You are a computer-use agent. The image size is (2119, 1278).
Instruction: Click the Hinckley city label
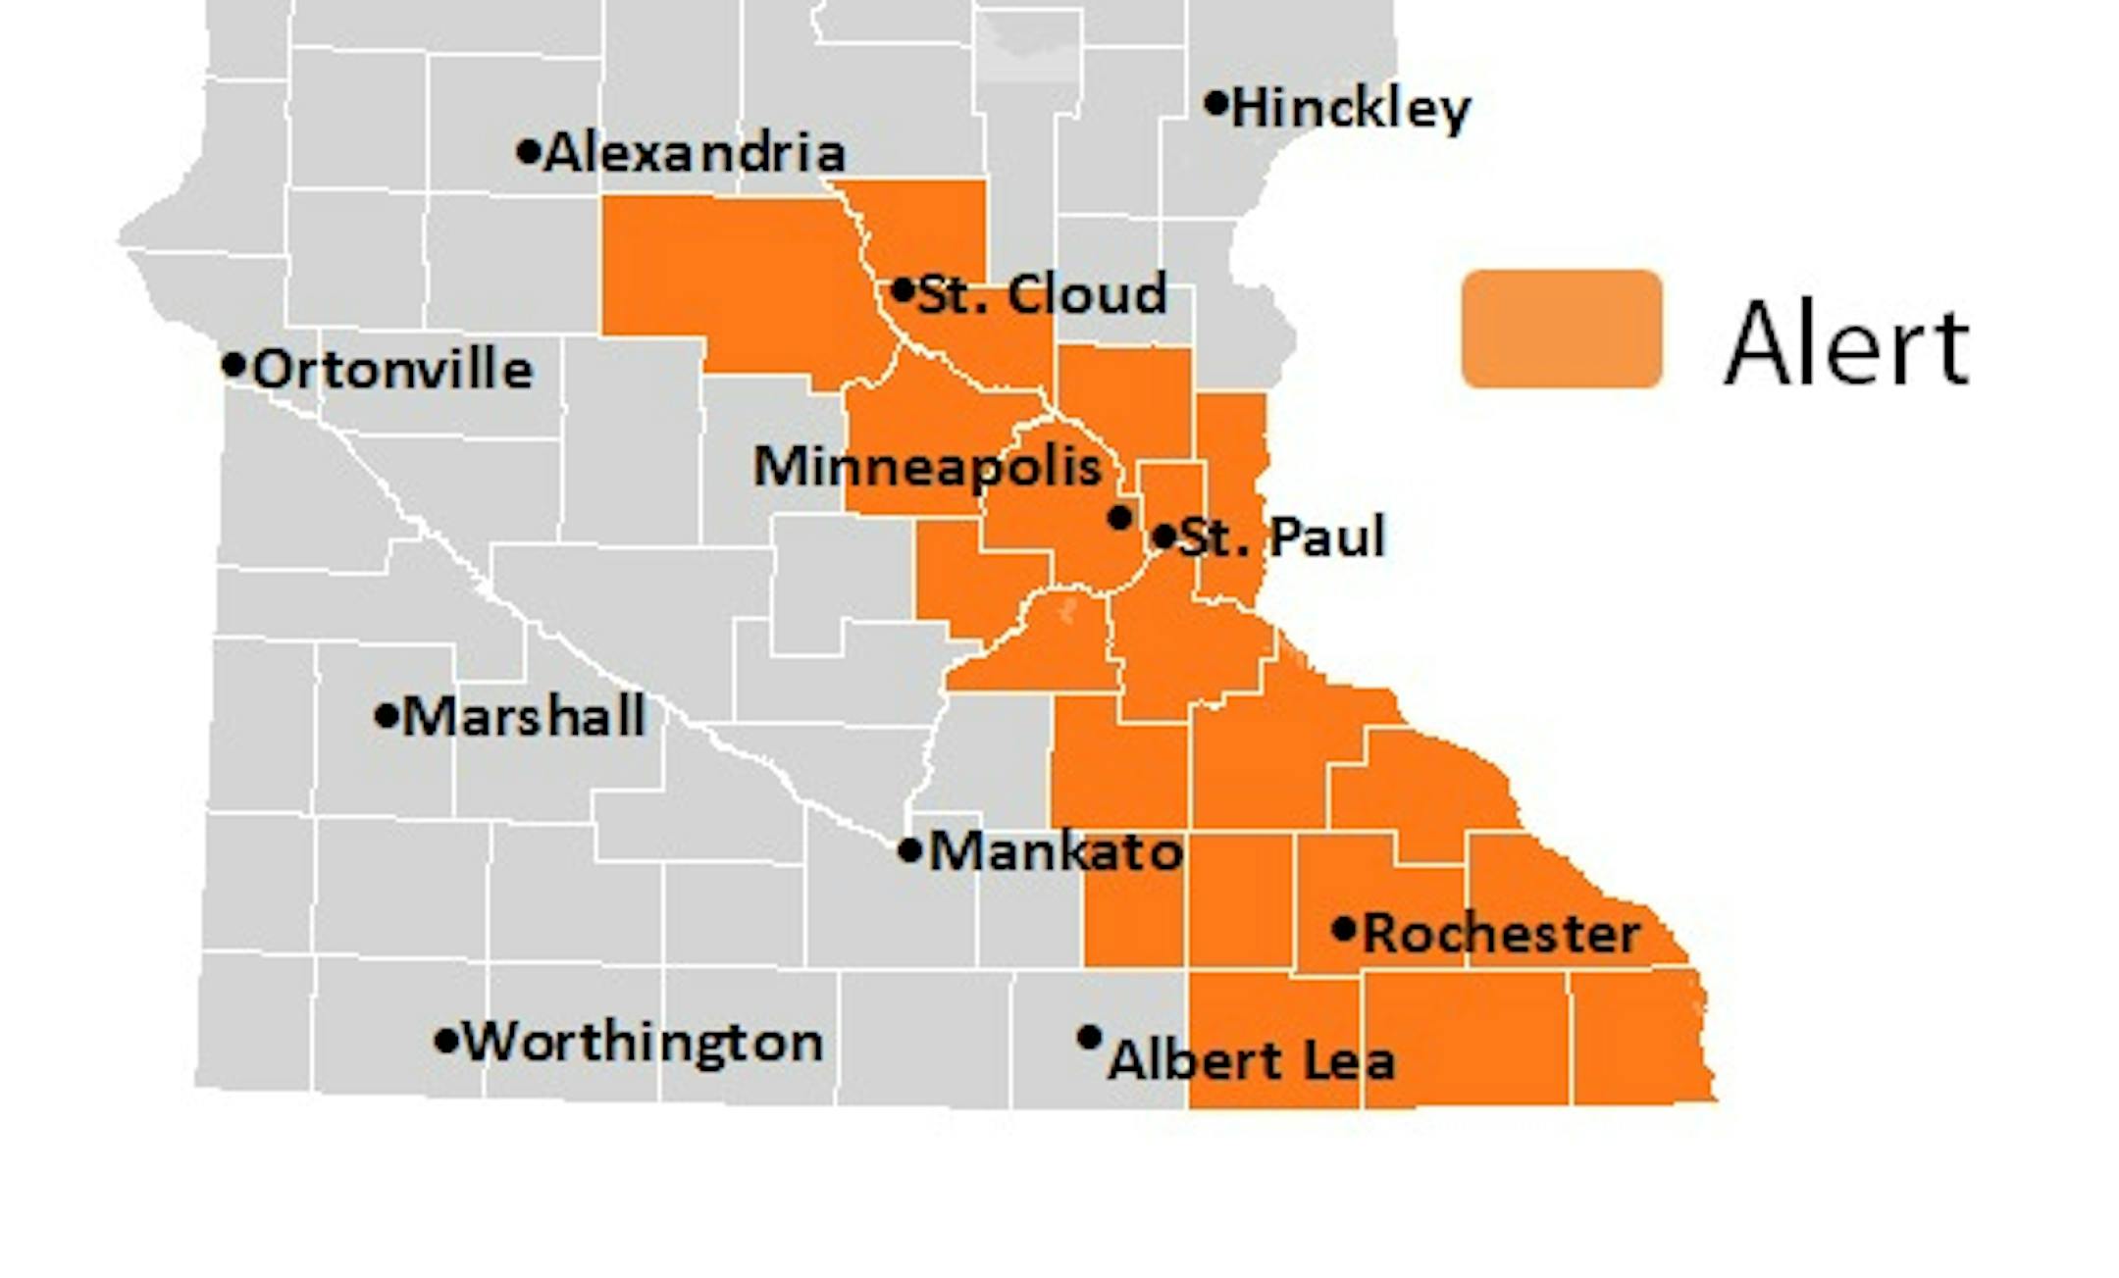(1351, 109)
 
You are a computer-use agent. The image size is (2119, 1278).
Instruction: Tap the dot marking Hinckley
(1215, 102)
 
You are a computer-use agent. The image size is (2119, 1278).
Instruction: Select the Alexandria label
(694, 153)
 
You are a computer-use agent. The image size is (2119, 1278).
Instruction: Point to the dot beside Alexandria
(528, 151)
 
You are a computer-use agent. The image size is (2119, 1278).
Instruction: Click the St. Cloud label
(1042, 294)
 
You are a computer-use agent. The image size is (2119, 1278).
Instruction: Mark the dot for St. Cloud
(903, 290)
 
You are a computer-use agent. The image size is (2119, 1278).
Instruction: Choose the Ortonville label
(392, 370)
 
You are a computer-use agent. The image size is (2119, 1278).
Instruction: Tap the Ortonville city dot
(233, 365)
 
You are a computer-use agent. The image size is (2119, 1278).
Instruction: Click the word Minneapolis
(927, 466)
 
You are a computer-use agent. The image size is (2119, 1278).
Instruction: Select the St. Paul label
(1281, 537)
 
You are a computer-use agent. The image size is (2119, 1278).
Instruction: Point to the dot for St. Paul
(1163, 537)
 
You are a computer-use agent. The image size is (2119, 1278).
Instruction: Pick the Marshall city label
(524, 716)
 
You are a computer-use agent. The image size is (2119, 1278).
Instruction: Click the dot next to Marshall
(387, 715)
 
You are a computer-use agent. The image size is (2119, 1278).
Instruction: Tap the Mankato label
(1056, 851)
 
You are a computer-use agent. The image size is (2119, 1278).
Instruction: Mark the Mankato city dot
(909, 850)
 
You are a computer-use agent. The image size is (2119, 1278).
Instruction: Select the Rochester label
(1501, 933)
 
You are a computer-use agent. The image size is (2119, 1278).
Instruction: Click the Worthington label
(643, 1042)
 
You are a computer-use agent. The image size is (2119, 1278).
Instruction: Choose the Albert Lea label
(1251, 1060)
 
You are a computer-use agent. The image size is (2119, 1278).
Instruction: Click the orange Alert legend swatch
(1561, 330)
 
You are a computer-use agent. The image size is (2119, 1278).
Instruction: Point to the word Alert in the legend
(1846, 345)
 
